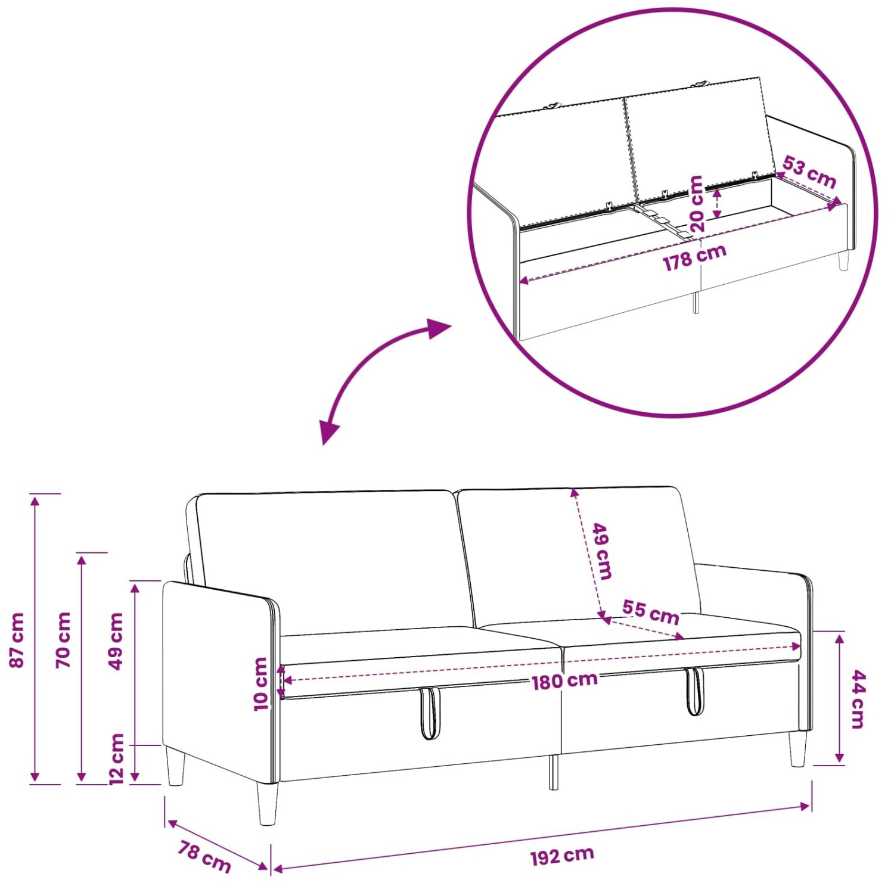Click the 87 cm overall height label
(17, 640)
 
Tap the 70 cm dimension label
(63, 640)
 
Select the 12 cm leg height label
(117, 759)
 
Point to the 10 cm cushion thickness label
(261, 684)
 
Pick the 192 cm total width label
(562, 856)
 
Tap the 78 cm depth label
(204, 856)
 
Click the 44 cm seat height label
(857, 699)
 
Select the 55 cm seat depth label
(651, 612)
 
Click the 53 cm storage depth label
(809, 171)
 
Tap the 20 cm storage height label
(696, 203)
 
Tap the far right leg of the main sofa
(797, 749)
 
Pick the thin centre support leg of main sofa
(554, 773)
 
